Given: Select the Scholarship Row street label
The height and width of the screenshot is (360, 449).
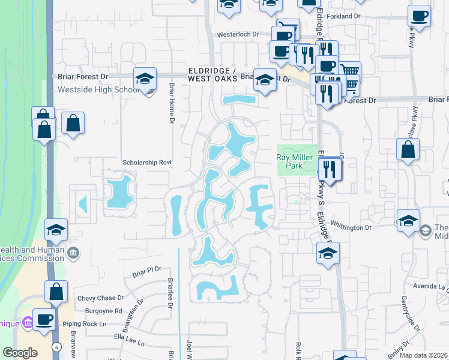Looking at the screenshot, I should tap(147, 163).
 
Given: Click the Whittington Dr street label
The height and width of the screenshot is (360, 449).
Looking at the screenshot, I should tap(355, 228).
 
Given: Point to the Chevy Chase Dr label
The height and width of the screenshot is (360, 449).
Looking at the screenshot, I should tap(100, 298).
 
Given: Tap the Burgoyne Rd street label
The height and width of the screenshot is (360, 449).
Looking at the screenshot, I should tap(103, 311).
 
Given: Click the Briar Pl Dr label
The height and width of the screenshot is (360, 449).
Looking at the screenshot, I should tap(143, 269).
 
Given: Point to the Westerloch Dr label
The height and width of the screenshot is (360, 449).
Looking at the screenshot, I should tap(238, 35).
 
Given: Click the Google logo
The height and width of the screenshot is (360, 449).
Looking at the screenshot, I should tap(20, 353).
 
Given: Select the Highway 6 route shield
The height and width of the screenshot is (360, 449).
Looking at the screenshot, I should tap(56, 347).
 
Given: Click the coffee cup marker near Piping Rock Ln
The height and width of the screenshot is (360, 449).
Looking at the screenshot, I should tap(44, 319).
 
